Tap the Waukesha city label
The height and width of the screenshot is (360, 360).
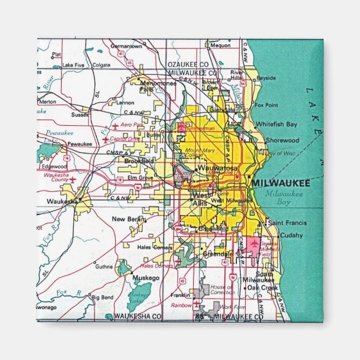(x=59, y=201)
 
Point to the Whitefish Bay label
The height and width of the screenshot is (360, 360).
(x=276, y=124)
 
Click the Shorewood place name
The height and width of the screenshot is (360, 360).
(x=282, y=141)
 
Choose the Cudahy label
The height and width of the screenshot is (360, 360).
(x=291, y=235)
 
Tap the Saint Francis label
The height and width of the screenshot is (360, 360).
(x=285, y=223)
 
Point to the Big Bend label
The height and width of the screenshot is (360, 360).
(x=103, y=297)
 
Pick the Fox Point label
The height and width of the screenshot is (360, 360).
(x=266, y=105)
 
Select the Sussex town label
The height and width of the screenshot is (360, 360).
(x=80, y=115)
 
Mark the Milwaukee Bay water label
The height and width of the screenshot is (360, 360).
(x=284, y=198)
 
